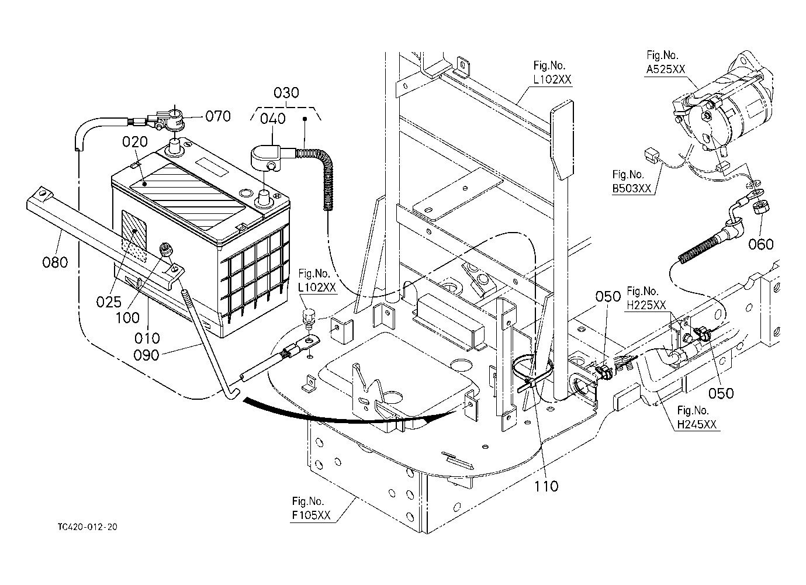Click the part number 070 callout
click(x=217, y=116)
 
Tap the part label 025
click(x=109, y=302)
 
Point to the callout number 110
click(x=545, y=486)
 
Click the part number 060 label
click(x=761, y=244)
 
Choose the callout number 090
click(x=147, y=355)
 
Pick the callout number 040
click(x=273, y=119)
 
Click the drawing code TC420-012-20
click(x=87, y=527)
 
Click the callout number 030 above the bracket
click(x=286, y=93)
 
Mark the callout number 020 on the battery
click(x=134, y=142)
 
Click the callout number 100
click(x=127, y=318)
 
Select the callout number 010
click(x=147, y=338)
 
